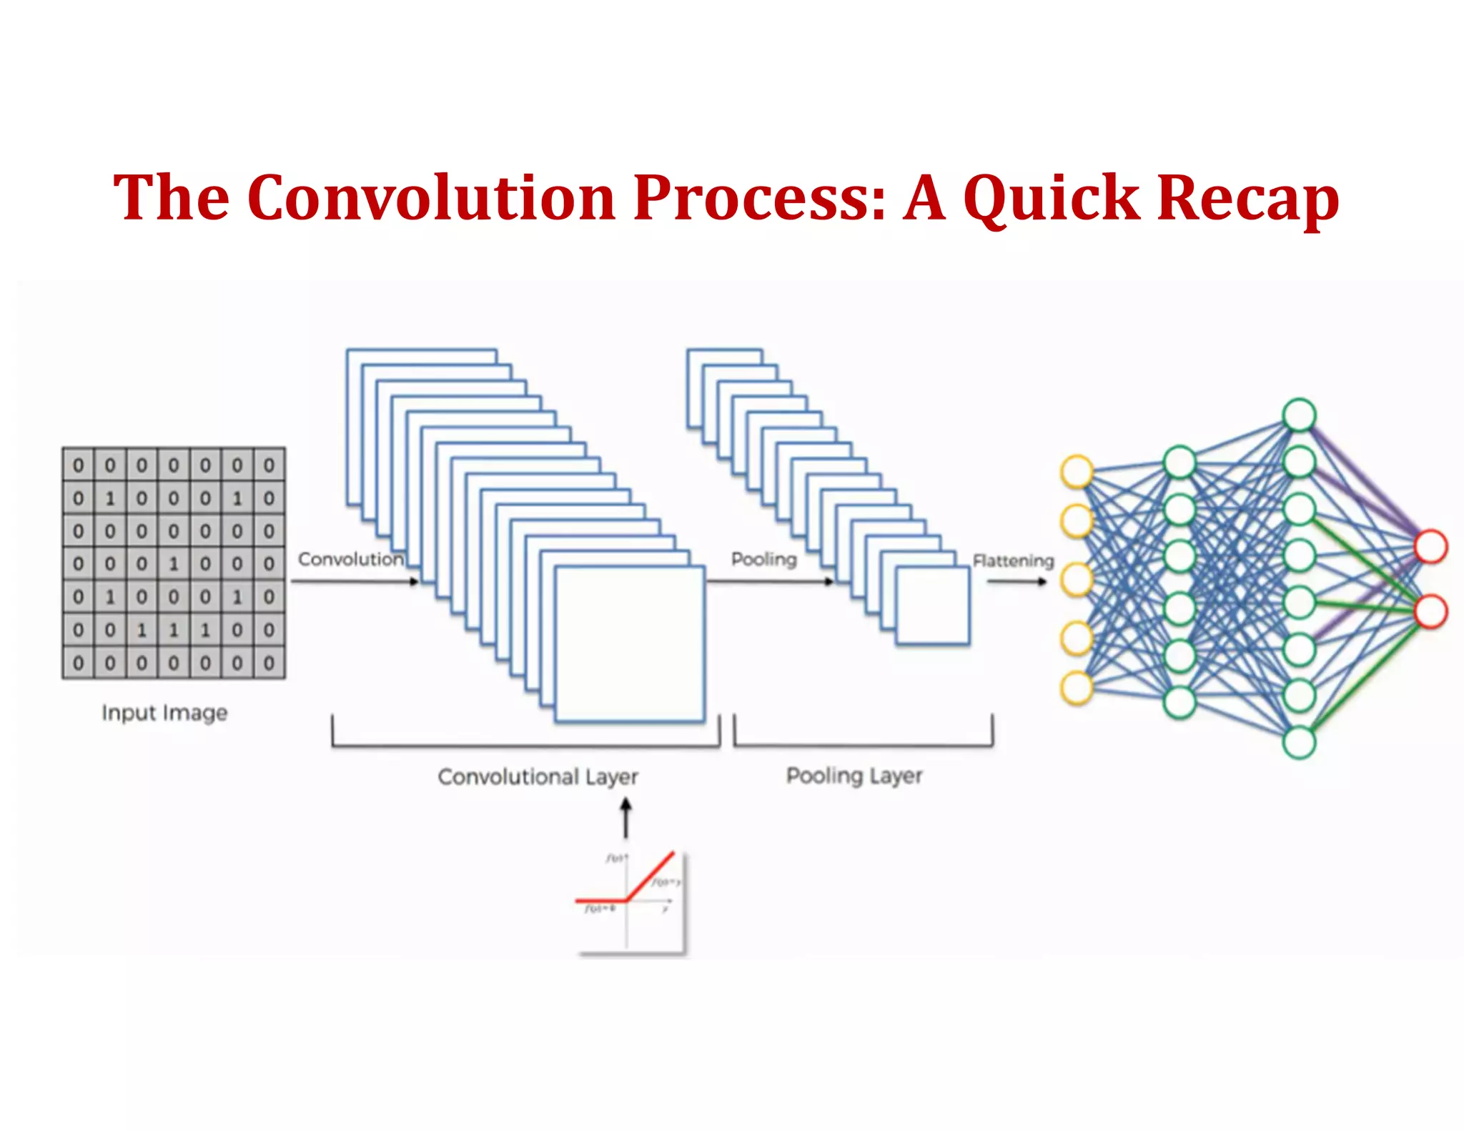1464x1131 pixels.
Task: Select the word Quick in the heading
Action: click(1051, 198)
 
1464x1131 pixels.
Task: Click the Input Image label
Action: click(164, 713)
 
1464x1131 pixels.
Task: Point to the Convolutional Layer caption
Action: click(538, 776)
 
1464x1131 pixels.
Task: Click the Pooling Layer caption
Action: click(854, 776)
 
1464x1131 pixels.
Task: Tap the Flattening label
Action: click(1013, 560)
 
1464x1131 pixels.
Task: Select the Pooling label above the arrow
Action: click(763, 559)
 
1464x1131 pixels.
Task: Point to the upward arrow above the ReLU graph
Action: click(626, 818)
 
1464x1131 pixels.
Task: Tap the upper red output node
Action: click(1431, 547)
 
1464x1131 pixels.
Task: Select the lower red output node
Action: click(1431, 612)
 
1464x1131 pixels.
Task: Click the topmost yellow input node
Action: click(1077, 472)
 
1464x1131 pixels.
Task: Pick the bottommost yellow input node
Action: click(1077, 688)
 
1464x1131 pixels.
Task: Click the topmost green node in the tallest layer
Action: click(1299, 415)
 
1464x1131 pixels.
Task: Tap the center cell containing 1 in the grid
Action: click(174, 564)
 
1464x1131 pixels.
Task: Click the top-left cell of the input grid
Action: click(78, 465)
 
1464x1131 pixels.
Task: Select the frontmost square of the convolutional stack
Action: click(629, 643)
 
